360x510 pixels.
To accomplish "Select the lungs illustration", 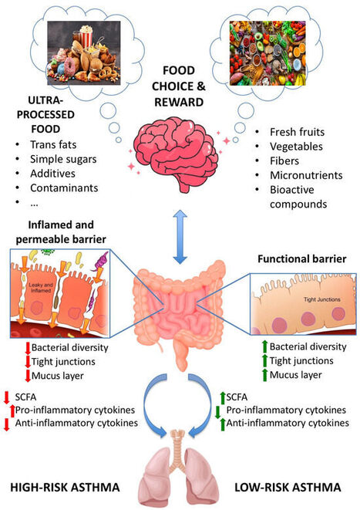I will coord(180,471).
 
